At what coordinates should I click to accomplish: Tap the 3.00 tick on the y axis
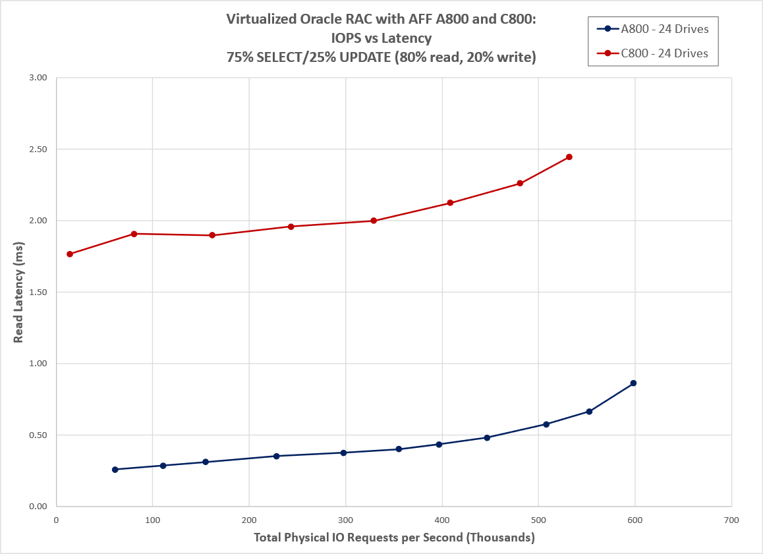(x=39, y=78)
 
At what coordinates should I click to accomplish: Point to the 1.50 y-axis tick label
(x=39, y=292)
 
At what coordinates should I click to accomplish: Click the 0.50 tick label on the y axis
(x=39, y=435)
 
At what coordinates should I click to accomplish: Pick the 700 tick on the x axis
(x=731, y=520)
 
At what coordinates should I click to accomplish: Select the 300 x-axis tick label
(x=345, y=520)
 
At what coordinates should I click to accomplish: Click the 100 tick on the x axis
(x=153, y=520)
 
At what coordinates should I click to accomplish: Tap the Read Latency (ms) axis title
(x=18, y=292)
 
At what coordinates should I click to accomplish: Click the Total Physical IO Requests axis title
(x=393, y=538)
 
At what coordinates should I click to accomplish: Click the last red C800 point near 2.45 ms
(x=569, y=157)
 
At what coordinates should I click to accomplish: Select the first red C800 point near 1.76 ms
(x=70, y=254)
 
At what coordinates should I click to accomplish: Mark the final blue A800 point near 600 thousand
(x=633, y=383)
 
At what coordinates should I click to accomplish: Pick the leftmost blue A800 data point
(x=115, y=470)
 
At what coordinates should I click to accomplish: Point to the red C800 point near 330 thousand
(x=374, y=221)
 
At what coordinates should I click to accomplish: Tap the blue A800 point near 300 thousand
(x=343, y=453)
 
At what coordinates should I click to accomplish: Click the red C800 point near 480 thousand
(x=520, y=183)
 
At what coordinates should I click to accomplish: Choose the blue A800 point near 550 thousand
(x=589, y=412)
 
